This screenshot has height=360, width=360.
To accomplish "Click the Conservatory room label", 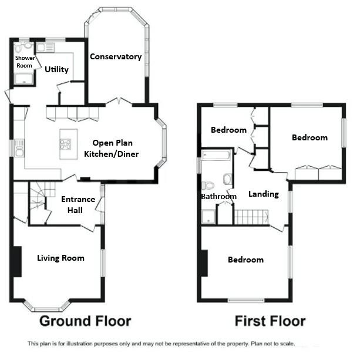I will (116, 57).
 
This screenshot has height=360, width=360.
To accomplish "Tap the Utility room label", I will (56, 69).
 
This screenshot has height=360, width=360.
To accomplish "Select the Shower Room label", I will (25, 62).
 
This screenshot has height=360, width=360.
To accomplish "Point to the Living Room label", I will (60, 258).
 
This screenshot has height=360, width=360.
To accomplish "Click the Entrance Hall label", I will (78, 204).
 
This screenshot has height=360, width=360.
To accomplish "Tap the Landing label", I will (263, 194).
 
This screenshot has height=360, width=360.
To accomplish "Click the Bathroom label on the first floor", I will (218, 197).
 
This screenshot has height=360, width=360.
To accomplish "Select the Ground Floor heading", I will (85, 321).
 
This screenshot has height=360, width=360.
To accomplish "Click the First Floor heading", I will (270, 321).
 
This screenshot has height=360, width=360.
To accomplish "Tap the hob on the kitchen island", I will (65, 144).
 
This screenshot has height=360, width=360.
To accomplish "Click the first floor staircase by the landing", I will (247, 217).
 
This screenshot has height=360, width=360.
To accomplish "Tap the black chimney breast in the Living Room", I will (17, 261).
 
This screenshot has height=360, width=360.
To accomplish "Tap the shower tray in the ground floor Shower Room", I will (25, 79).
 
